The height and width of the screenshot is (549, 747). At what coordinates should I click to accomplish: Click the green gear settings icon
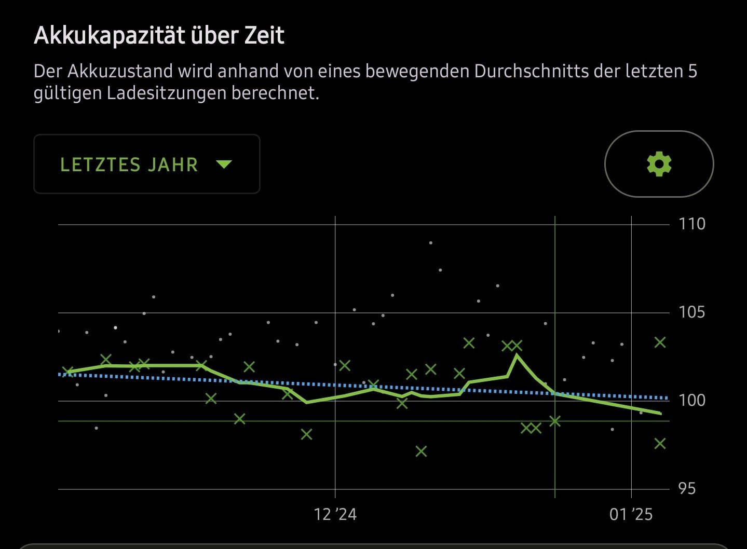659,164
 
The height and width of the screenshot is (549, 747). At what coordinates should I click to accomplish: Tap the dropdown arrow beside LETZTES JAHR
224,164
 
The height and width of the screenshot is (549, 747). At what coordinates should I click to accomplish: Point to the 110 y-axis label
692,224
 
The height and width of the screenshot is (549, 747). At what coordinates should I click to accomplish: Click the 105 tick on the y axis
692,312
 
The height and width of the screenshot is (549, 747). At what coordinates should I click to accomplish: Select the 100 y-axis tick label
692,400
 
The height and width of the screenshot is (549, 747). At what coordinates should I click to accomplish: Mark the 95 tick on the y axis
686,489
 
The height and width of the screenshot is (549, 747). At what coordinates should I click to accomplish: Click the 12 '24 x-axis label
335,514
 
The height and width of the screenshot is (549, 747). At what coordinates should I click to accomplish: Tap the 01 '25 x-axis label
631,514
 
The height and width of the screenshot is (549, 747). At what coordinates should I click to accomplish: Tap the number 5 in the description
692,71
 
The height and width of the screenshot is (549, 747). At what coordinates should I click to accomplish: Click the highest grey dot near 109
431,243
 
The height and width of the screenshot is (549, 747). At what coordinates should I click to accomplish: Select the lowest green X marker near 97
421,451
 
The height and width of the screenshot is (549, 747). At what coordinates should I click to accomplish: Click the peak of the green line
517,355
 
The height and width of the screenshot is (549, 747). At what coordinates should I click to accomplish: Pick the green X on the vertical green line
555,421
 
